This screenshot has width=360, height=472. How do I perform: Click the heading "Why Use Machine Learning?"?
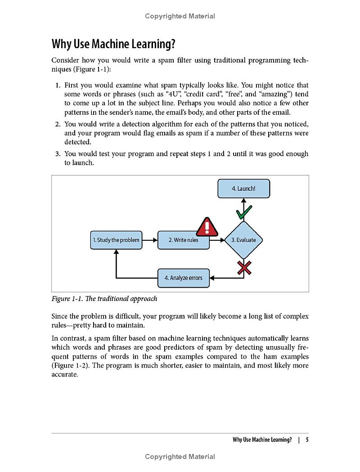point(113,44)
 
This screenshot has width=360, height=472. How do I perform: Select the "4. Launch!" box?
point(243,189)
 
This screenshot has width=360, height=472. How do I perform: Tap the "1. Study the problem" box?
point(116,240)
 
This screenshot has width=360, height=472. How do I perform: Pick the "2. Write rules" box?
point(184,240)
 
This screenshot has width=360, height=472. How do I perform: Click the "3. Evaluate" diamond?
point(243,240)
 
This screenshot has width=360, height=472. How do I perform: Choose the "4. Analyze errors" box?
point(184,278)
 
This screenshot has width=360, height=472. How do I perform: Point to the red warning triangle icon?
point(207,227)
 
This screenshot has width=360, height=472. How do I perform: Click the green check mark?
point(244,212)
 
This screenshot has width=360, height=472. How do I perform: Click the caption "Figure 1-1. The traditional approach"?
point(104,299)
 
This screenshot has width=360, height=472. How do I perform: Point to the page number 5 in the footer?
point(307,440)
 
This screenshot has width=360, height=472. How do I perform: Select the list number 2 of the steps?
point(58,124)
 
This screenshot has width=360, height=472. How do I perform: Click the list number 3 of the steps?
point(58,154)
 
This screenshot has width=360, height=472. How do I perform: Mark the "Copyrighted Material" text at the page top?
point(180,16)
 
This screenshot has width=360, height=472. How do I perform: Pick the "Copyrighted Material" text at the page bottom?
point(180,457)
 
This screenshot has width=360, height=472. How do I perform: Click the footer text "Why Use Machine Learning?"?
point(262,440)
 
